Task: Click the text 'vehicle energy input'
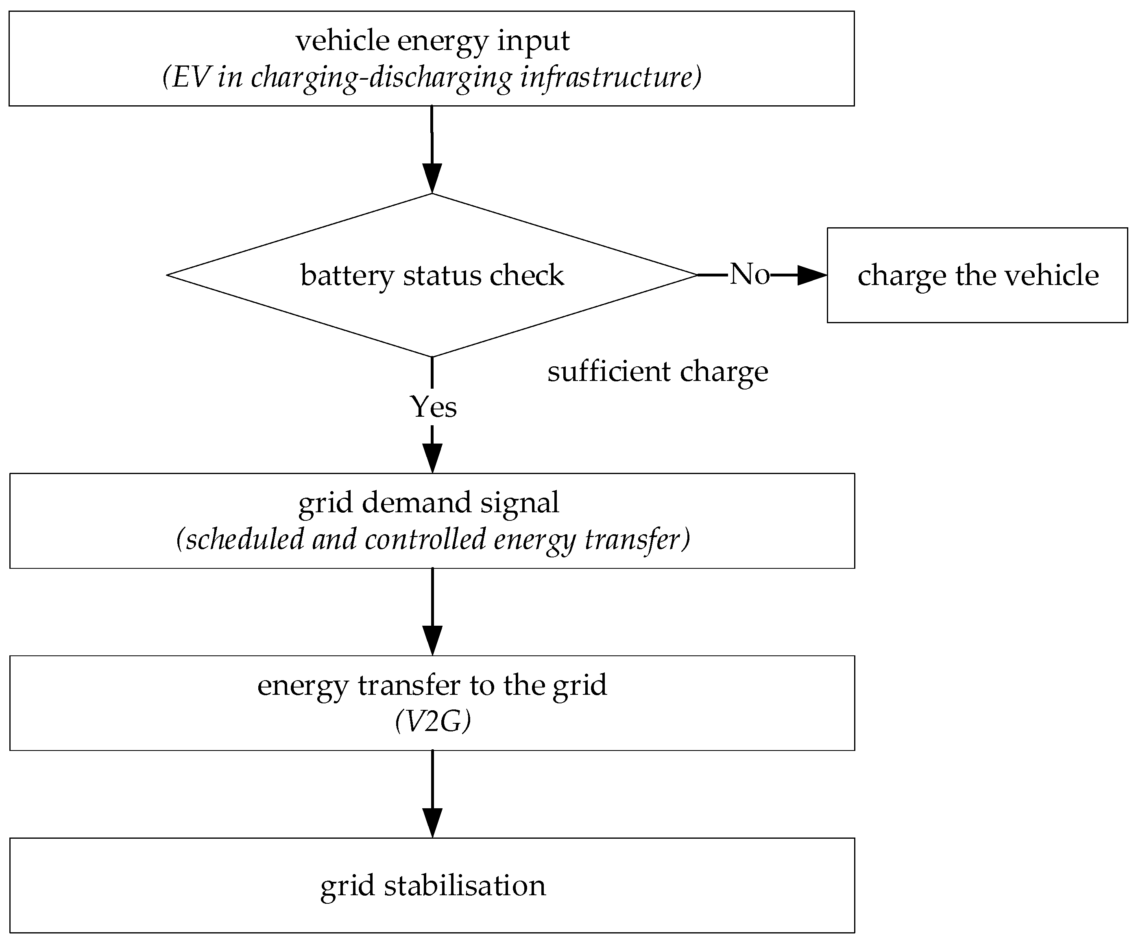point(432,41)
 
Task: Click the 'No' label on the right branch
point(749,274)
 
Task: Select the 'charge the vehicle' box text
point(978,275)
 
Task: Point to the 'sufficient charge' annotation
point(657,372)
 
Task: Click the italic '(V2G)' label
point(433,721)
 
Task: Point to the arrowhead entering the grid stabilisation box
point(432,822)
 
